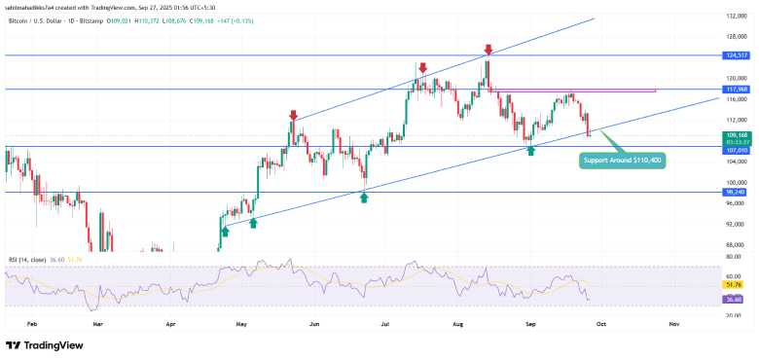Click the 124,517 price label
coord(735,55)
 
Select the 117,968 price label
coord(735,89)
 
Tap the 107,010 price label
coord(735,150)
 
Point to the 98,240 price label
coord(735,192)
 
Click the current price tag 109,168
coord(735,134)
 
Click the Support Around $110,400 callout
coord(622,160)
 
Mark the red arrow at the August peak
coord(488,48)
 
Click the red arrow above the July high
coord(422,68)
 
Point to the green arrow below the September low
coord(530,153)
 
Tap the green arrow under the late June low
coord(363,197)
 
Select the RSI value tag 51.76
coord(735,284)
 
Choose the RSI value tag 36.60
coord(735,300)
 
